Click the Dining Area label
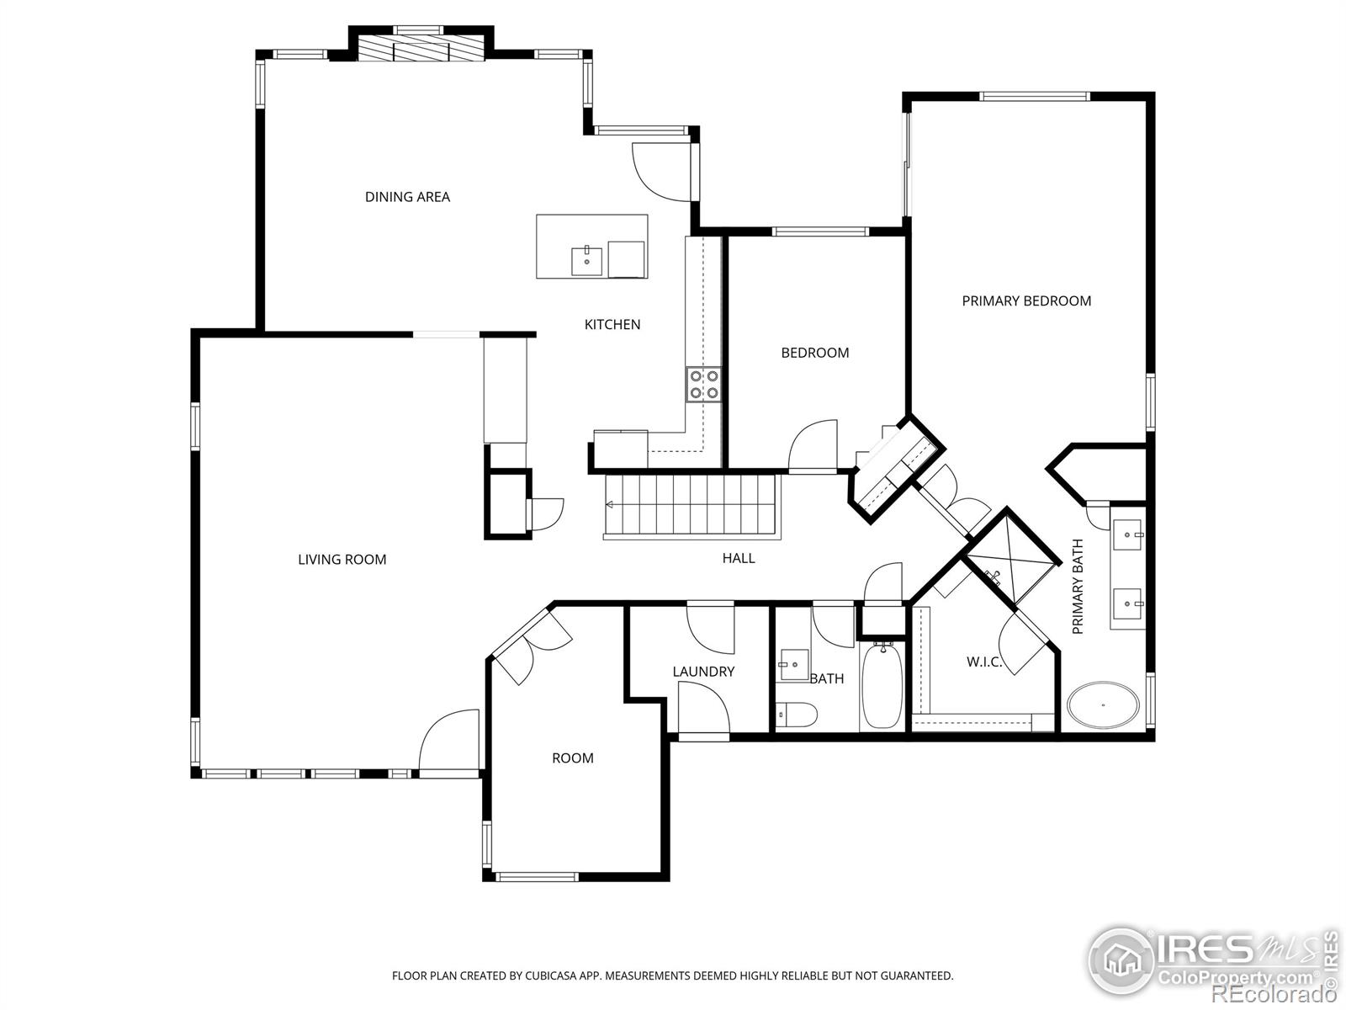point(407,197)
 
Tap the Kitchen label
point(612,325)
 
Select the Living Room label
point(342,560)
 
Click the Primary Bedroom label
point(1026,301)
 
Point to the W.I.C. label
point(983,662)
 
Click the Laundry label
point(703,672)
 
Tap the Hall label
point(739,558)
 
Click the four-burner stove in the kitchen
point(704,385)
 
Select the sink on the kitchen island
point(587,261)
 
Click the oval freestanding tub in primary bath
point(1104,705)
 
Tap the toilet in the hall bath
point(796,715)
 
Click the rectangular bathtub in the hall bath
point(882,686)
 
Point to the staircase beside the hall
point(692,506)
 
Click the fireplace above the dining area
point(421,47)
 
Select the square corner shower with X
point(1010,556)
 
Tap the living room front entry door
point(449,741)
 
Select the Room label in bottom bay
point(572,758)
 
